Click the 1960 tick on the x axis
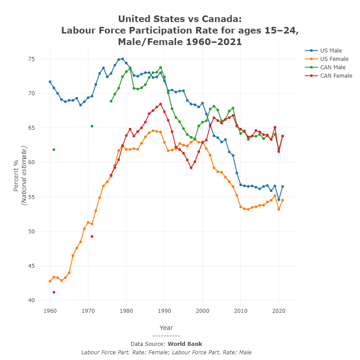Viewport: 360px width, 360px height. click(50, 311)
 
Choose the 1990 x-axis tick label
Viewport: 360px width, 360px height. click(165, 311)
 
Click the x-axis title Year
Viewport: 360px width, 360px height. click(166, 328)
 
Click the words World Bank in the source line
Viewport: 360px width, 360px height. click(184, 344)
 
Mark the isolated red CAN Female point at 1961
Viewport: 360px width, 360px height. click(54, 292)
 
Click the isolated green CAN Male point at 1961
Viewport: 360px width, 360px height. click(54, 150)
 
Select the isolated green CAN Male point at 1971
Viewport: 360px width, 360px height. click(92, 126)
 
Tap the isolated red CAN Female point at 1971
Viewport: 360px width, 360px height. click(92, 236)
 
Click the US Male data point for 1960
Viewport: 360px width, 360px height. click(50, 82)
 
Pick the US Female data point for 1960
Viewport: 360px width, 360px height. click(50, 281)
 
